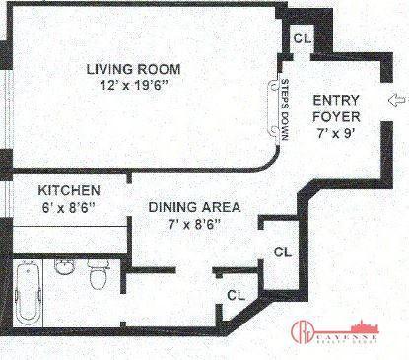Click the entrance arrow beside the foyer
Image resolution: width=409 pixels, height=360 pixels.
coord(397,99)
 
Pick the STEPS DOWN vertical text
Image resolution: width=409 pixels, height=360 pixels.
coord(285,108)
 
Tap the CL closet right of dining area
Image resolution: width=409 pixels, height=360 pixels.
coord(280,250)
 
